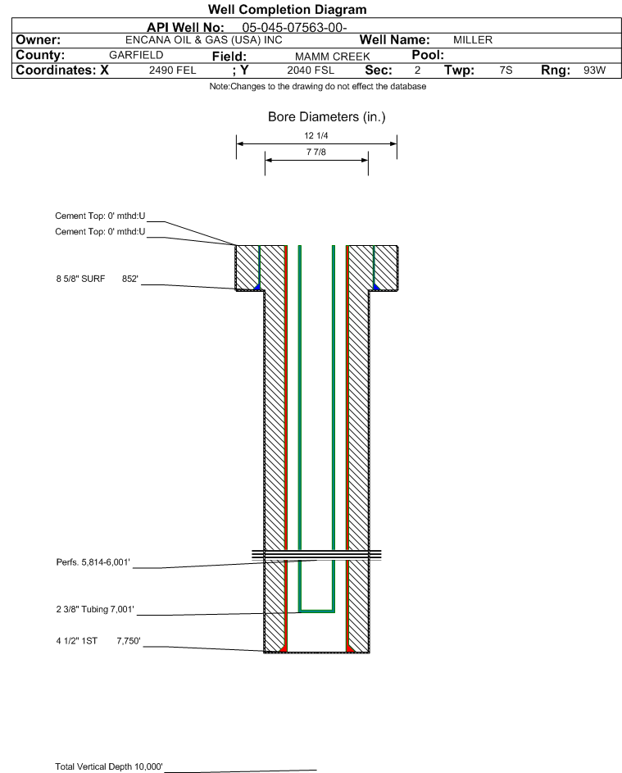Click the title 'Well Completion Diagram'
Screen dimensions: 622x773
(288, 9)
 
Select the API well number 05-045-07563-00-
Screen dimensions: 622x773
(294, 28)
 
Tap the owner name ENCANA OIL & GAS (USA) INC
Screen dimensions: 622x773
(203, 40)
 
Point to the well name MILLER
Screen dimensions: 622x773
(473, 40)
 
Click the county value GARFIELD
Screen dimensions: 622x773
(136, 55)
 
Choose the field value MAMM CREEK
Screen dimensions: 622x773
(332, 57)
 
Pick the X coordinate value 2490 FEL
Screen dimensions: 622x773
(172, 70)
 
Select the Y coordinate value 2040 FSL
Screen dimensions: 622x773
(311, 70)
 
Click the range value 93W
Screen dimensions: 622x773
(594, 70)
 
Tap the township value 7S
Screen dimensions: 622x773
(506, 70)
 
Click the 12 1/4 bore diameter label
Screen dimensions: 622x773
(316, 135)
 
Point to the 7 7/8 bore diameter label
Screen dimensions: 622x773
(316, 152)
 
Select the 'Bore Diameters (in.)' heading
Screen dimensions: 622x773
(327, 117)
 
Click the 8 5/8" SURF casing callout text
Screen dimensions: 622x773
(80, 279)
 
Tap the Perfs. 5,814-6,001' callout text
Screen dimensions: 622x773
(93, 562)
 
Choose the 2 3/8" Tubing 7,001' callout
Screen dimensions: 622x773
(95, 609)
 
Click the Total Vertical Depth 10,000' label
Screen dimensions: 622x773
(109, 766)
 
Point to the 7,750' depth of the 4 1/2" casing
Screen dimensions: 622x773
(129, 641)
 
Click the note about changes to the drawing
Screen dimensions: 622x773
(318, 86)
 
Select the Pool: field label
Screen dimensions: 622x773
(428, 55)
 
